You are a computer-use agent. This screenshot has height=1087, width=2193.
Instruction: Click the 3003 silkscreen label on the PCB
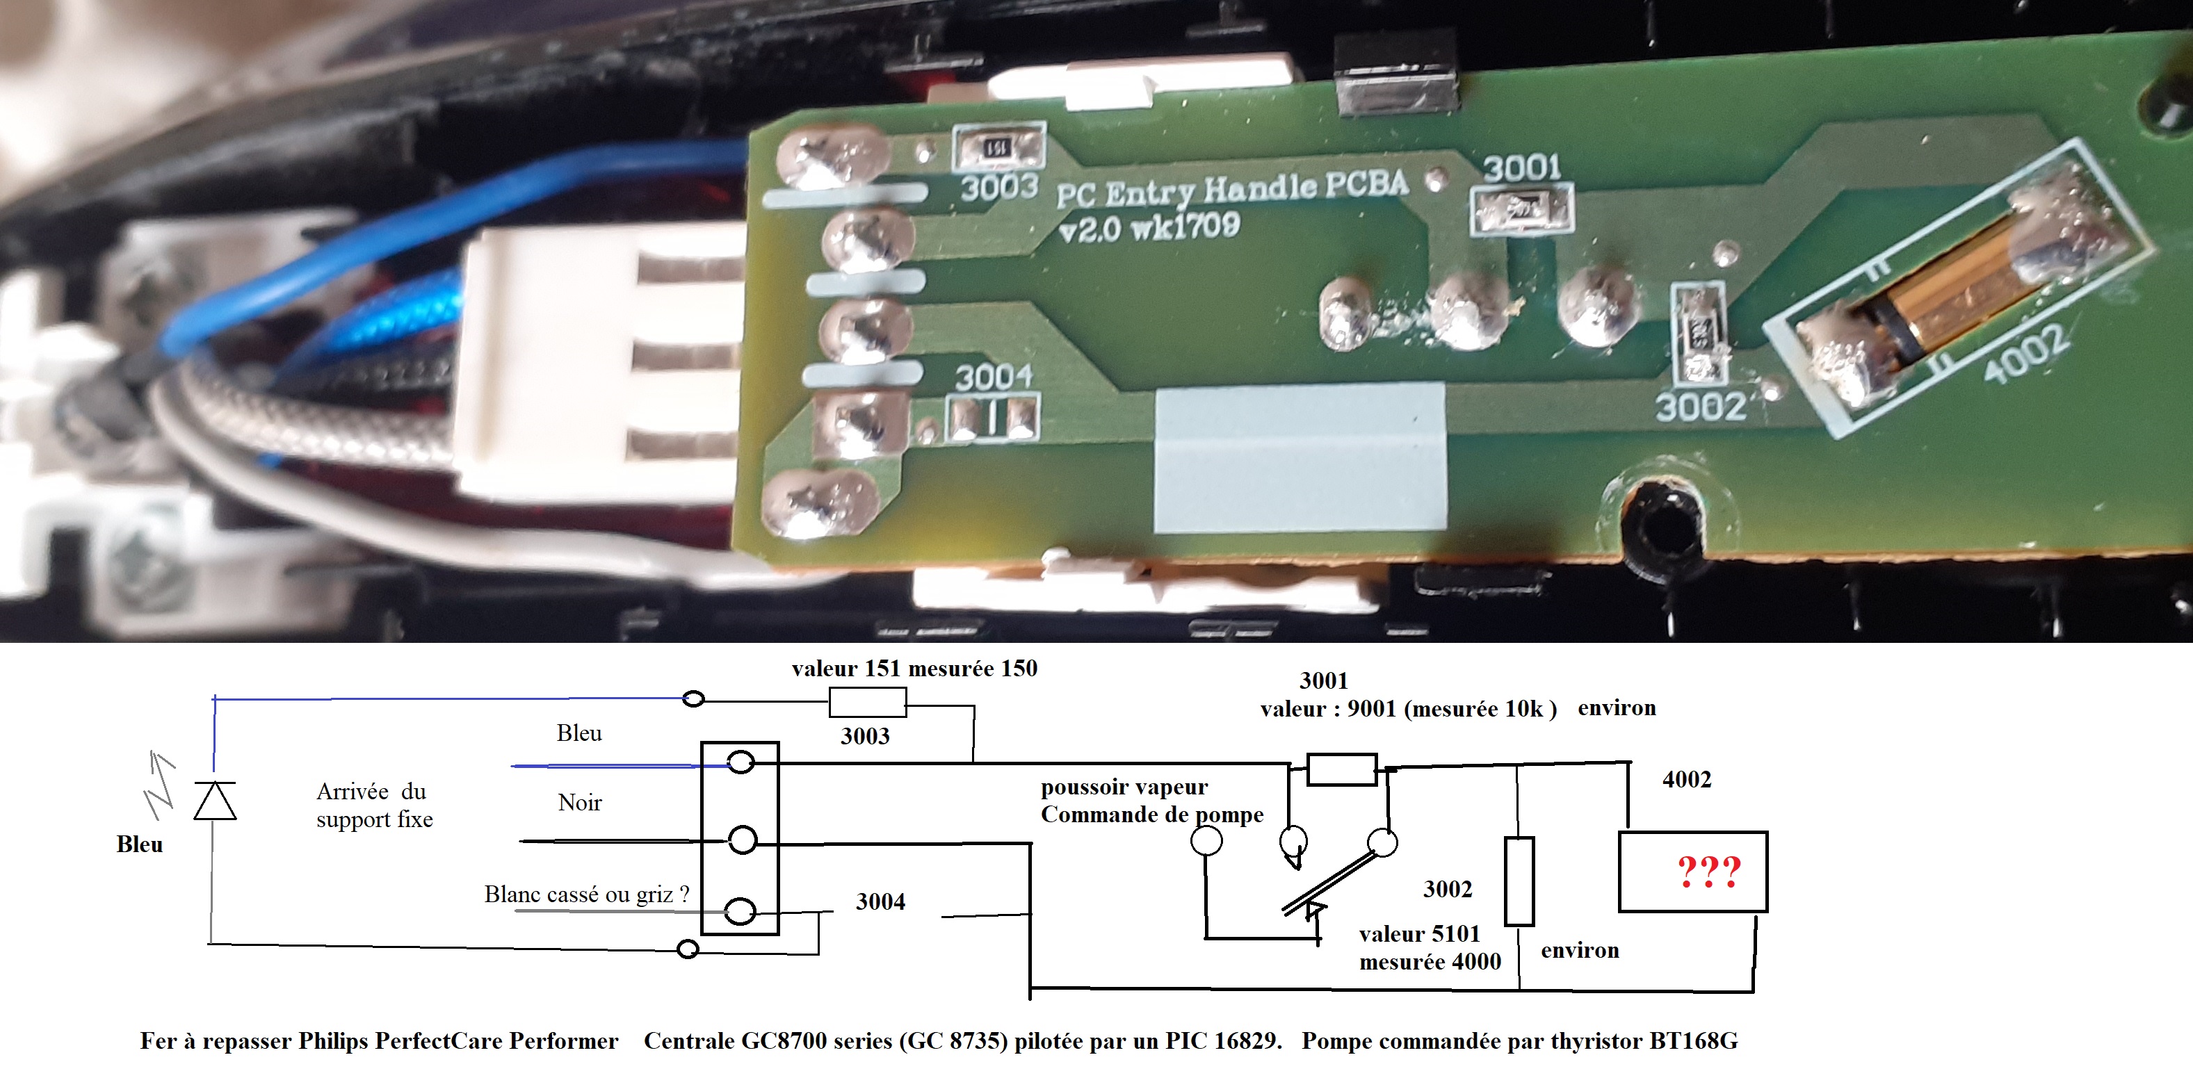point(999,187)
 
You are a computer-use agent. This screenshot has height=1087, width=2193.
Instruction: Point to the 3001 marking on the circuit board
point(1522,167)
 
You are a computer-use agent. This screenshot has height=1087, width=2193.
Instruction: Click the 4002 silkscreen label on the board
point(2026,353)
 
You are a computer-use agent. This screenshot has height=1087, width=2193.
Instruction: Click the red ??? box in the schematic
point(1692,872)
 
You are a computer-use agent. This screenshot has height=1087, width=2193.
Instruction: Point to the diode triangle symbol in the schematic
point(215,801)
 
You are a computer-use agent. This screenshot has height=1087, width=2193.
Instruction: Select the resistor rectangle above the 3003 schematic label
point(868,702)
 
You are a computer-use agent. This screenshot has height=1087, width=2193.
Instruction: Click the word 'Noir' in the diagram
point(580,803)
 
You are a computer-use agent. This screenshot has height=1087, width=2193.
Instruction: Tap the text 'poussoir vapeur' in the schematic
point(1124,787)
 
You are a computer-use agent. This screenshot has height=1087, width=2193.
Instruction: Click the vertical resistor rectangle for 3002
point(1519,881)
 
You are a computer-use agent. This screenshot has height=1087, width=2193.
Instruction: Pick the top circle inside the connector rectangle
point(741,762)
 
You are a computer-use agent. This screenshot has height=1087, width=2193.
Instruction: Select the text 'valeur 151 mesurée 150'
point(914,669)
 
